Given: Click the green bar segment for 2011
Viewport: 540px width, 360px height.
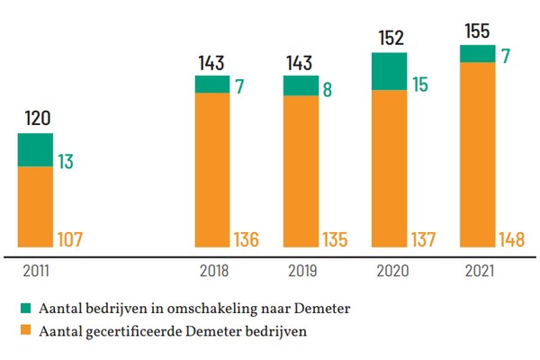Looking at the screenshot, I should [x=36, y=149].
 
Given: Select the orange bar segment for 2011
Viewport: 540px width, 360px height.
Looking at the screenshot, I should [x=36, y=207].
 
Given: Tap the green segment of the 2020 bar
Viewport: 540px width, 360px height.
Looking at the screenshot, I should [x=389, y=72].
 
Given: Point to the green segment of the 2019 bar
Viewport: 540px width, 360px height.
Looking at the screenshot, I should [x=301, y=85].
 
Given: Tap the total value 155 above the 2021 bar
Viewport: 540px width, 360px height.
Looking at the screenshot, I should [x=477, y=31].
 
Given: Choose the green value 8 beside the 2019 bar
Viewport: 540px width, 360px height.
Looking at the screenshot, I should [x=328, y=90].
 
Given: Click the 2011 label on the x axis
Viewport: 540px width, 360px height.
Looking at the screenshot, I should [x=36, y=268].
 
